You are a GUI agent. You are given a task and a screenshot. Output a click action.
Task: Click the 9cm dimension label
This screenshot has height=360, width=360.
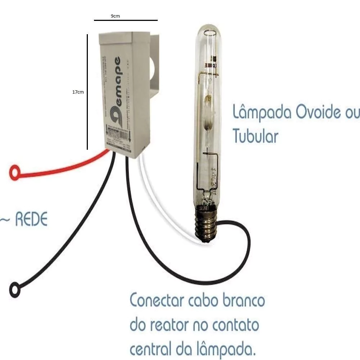115,16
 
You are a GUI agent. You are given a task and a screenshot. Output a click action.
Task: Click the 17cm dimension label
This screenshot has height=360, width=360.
78,92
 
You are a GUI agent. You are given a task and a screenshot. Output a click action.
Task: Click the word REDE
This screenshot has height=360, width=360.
31,220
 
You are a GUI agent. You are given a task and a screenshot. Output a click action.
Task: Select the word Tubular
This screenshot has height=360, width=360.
255,136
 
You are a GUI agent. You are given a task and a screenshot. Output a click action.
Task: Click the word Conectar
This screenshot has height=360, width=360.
157,300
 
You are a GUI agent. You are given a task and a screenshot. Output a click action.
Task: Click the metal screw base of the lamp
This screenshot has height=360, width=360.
206,224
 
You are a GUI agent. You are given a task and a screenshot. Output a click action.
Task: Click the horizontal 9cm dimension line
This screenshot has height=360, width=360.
126,21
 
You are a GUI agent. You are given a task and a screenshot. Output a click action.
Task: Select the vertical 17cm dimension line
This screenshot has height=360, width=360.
87,92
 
